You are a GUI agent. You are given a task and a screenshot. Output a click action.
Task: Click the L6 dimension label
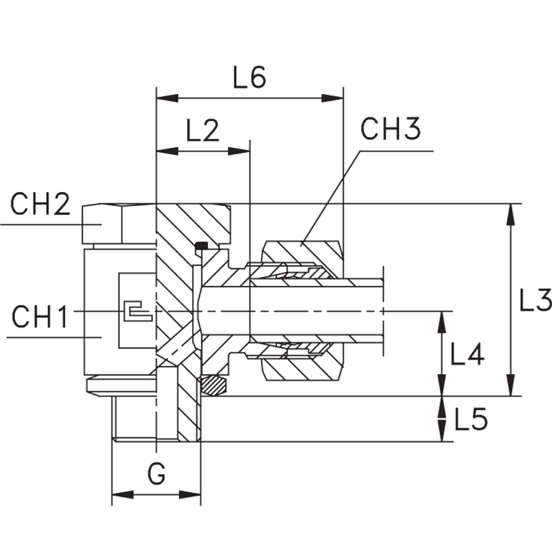pos(249,79)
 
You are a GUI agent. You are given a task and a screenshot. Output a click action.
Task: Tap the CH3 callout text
pos(390,129)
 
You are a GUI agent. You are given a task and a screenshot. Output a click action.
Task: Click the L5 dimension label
pos(470,421)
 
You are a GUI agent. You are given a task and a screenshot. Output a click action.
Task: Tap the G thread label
pos(157,473)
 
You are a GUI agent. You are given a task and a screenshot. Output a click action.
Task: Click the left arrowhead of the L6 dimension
pos(168,98)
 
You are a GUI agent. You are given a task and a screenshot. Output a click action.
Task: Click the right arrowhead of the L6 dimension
pos(333,98)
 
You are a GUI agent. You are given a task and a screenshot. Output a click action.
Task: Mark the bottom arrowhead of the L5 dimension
pos(442,431)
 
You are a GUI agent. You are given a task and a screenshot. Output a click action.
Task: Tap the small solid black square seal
pos(200,246)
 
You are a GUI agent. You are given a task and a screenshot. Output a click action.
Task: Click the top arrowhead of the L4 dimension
pos(442,323)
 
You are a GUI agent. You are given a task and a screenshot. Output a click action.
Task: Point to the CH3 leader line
pos(331,196)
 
